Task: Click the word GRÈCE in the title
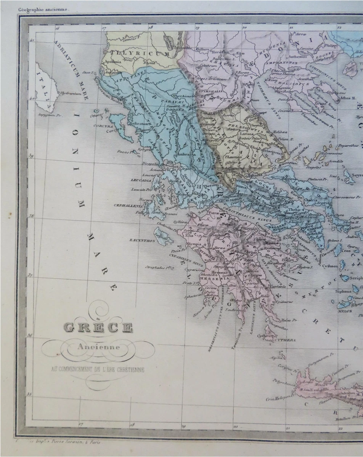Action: [x=98, y=328]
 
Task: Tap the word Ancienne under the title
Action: [x=98, y=347]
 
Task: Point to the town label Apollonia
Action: [x=112, y=61]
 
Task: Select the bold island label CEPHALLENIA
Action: [x=127, y=205]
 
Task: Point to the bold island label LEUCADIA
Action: [x=141, y=180]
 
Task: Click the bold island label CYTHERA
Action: [x=286, y=340]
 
